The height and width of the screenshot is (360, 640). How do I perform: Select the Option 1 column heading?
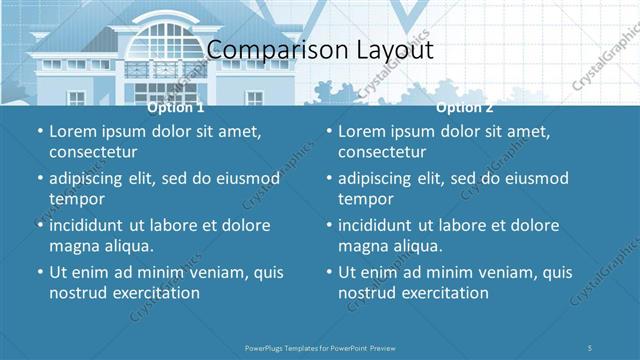[175, 107]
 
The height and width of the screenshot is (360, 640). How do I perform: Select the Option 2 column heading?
[465, 107]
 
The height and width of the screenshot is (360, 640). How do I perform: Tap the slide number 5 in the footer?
[591, 347]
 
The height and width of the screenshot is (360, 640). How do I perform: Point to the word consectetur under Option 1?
[93, 152]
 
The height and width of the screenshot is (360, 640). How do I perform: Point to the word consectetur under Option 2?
[382, 152]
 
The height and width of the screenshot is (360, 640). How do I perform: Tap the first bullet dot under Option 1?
[39, 131]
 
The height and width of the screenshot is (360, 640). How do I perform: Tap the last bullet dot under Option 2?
[328, 272]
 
